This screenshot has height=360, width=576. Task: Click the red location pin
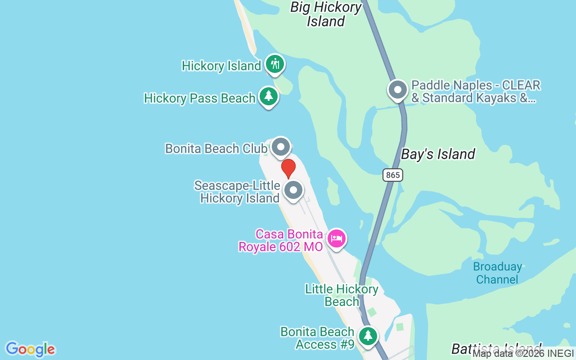pos(288,168)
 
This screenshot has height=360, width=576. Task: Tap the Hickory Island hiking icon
pos(274,64)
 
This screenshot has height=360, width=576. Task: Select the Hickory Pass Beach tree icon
pos(269,96)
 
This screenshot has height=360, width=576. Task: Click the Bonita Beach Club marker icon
pos(281,147)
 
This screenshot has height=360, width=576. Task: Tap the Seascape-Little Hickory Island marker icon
pos(293,190)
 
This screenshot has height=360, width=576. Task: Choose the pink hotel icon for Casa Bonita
pos(337,238)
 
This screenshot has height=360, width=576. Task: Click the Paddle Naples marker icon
pos(398,90)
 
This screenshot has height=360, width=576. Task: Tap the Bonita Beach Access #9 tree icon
pos(368,336)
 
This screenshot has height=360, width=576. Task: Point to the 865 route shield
pos(393,175)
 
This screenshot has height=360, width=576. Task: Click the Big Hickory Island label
pos(326,14)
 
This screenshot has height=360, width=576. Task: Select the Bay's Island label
pos(438,154)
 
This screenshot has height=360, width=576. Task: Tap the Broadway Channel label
pos(498,273)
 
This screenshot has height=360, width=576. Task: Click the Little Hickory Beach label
pos(342,295)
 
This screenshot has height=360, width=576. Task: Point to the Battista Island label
pos(496,349)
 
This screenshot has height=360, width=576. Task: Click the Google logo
pos(30,349)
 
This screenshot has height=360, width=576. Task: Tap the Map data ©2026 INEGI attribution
pos(523,354)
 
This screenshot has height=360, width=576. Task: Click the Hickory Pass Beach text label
pos(200,98)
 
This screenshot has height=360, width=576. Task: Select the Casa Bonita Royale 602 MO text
pos(281,240)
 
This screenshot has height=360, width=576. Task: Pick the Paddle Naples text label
pos(476,91)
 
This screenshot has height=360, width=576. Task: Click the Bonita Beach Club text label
pos(216,148)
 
